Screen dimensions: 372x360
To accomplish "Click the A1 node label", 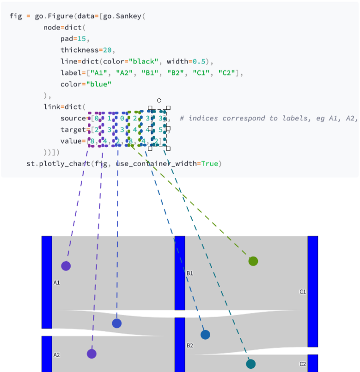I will pos(56,282).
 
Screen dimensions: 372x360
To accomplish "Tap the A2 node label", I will pos(56,355).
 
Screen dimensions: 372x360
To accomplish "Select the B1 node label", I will pos(189,273).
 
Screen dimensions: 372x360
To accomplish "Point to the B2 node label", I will pos(189,345).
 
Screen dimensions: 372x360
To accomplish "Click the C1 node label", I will pos(303,292).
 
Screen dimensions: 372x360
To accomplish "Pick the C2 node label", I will pos(303,364).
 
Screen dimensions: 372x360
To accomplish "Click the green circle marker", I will pos(253,261).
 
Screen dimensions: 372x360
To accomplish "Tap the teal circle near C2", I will pos(250,364).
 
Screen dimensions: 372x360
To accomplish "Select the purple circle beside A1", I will pos(66,266).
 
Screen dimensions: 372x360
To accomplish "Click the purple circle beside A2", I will pos(92,354).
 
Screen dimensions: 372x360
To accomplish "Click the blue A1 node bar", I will pos(47,282).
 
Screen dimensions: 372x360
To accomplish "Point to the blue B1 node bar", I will pos(180,272).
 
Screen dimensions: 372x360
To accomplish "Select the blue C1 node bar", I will pos(313,291).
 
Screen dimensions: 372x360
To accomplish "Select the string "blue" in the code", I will pos(99,84).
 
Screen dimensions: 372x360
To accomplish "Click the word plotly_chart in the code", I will pos(62,163).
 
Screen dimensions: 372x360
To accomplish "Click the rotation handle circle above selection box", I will pos(159,100).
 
